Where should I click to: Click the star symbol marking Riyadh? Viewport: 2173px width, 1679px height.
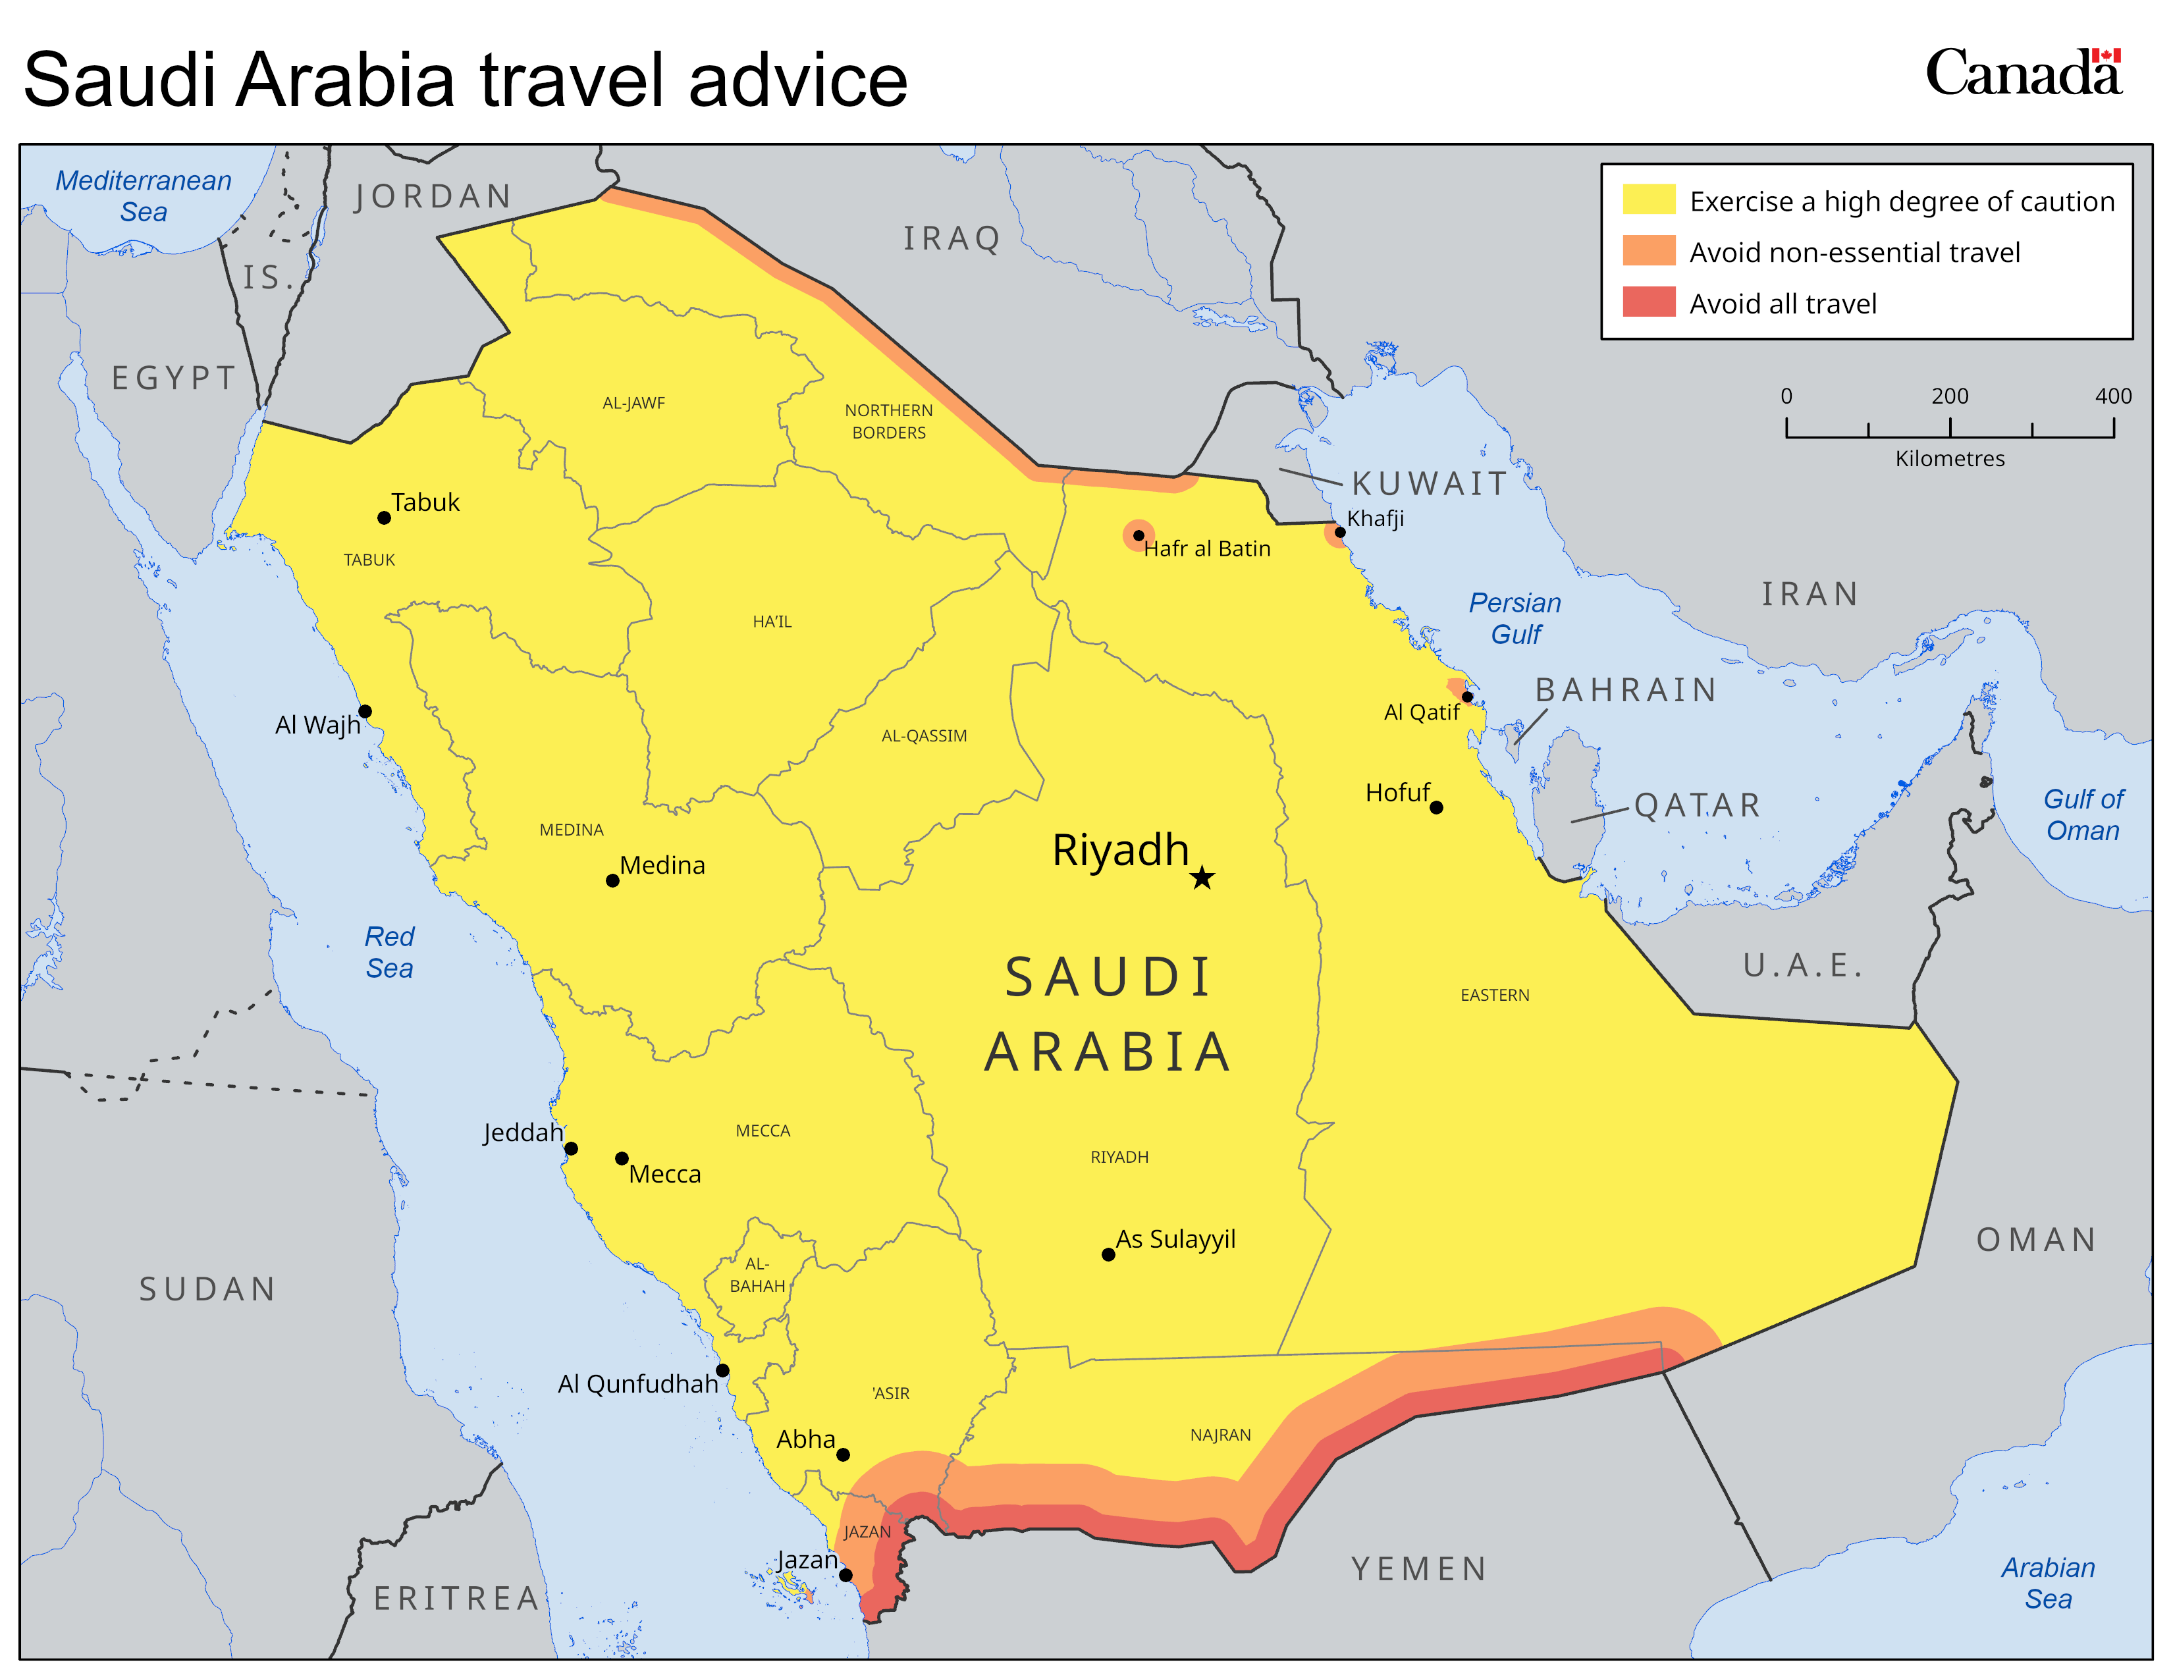click(x=1202, y=877)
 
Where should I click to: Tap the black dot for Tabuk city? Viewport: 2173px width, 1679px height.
click(x=384, y=518)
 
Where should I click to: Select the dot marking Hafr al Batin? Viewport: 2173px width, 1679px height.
click(x=1139, y=535)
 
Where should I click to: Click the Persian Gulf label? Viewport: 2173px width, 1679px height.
click(x=1515, y=618)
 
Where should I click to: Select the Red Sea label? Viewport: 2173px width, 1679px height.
click(x=389, y=952)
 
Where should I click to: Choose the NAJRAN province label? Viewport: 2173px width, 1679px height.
click(x=1220, y=1434)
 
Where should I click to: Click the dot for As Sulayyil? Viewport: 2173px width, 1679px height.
click(x=1108, y=1254)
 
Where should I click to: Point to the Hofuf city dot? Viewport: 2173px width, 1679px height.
click(x=1435, y=808)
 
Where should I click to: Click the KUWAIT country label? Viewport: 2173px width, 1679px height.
click(x=1429, y=483)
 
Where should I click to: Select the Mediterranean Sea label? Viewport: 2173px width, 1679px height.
click(x=144, y=196)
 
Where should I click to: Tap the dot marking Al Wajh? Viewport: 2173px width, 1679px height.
click(x=365, y=711)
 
